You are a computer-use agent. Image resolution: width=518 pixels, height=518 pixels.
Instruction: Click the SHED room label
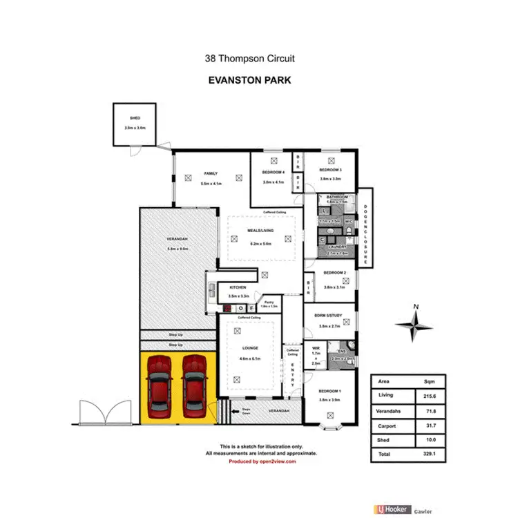(x=134, y=119)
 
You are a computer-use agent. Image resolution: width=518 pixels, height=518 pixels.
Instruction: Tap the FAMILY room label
(x=210, y=174)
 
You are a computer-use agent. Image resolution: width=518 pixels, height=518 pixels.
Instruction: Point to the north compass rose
(x=414, y=324)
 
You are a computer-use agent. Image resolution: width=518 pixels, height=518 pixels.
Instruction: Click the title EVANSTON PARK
(x=249, y=80)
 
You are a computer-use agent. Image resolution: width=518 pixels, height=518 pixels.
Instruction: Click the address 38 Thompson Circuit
(x=250, y=59)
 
